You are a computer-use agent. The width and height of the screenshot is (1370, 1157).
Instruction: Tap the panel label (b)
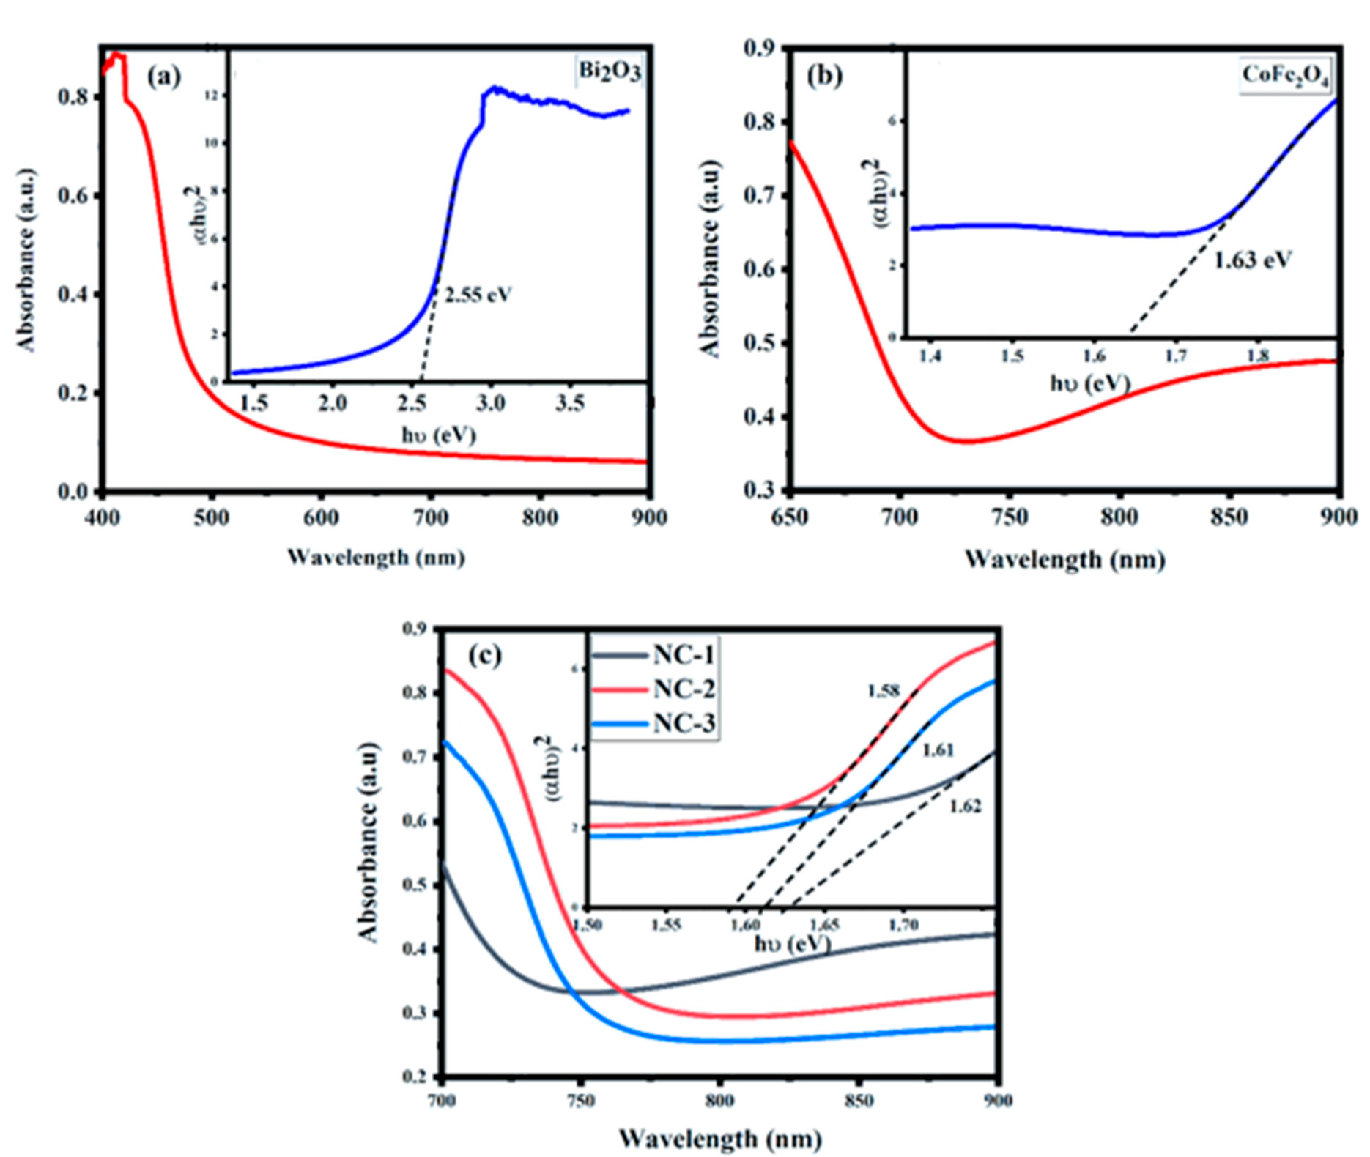[825, 77]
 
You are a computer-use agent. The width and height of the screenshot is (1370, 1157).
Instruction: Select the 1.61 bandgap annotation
[938, 750]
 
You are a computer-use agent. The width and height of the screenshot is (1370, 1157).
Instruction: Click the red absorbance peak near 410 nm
[117, 56]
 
